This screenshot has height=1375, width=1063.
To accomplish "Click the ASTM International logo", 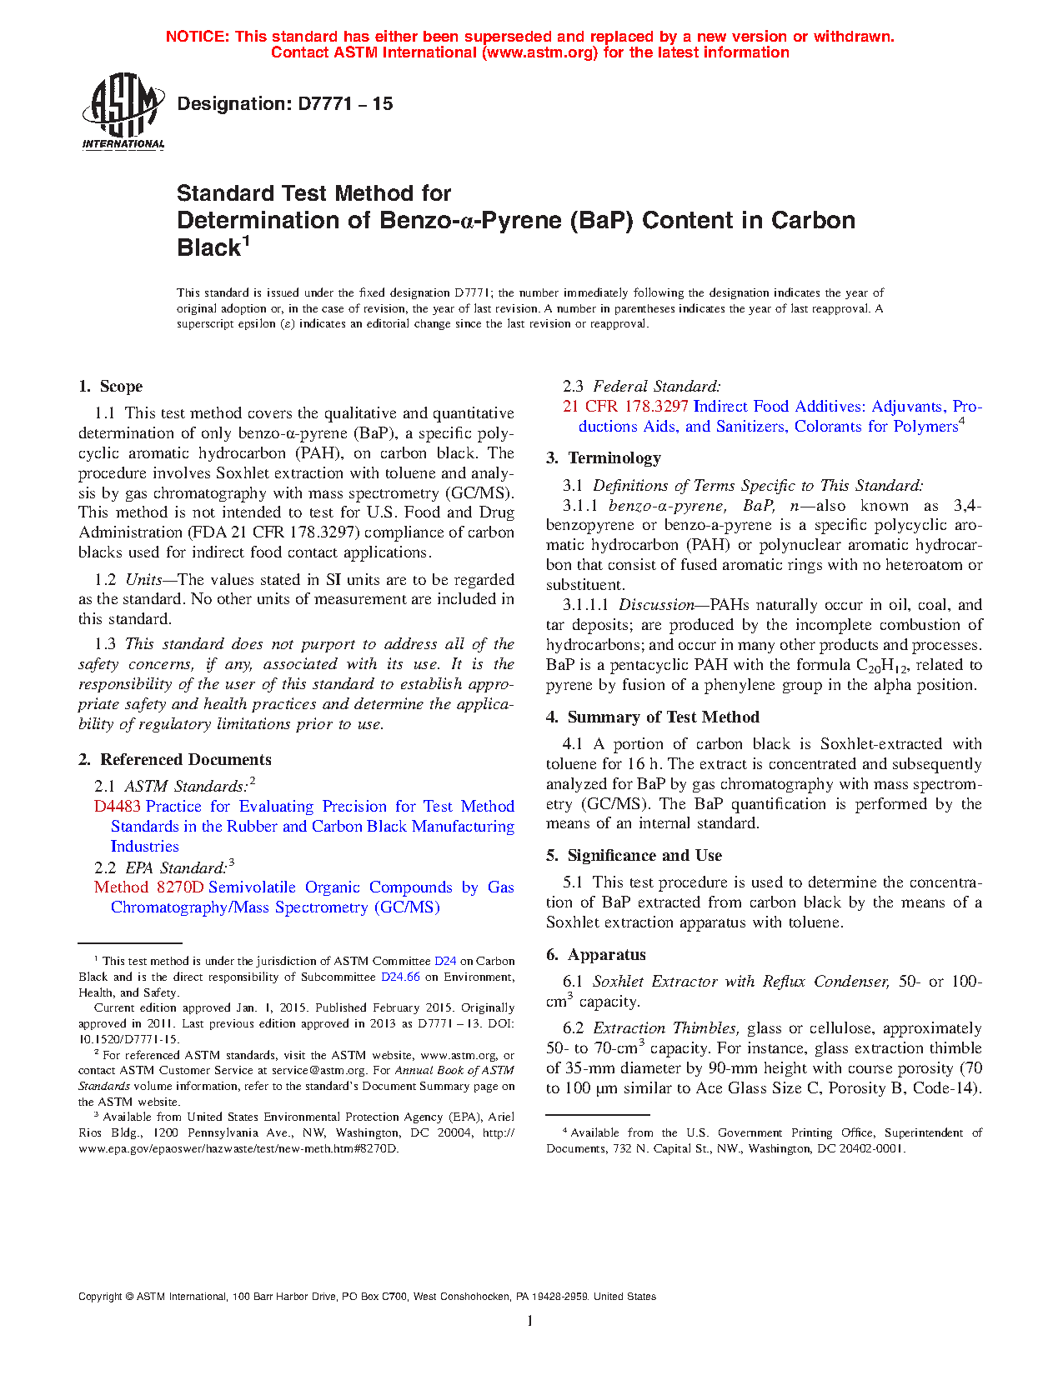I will click(x=123, y=111).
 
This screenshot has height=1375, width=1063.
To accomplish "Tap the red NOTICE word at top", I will click(x=198, y=37).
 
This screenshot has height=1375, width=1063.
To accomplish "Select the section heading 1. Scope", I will click(x=111, y=387).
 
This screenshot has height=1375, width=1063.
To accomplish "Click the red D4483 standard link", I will click(x=118, y=807).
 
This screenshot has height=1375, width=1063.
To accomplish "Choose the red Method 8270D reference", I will click(x=148, y=887).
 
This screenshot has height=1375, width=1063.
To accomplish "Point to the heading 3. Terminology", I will click(x=604, y=458).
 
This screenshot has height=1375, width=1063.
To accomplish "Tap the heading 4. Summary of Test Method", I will click(x=653, y=717).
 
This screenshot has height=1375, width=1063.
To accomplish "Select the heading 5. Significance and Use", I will click(x=634, y=856).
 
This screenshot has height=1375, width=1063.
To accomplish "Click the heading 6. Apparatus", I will click(x=596, y=955).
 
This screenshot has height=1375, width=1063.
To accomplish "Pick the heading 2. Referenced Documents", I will click(x=175, y=760).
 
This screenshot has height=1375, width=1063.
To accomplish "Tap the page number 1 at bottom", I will click(x=530, y=1320).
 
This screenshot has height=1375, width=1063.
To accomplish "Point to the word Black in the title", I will click(x=209, y=248).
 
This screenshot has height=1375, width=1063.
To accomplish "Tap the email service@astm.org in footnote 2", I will click(x=319, y=1071).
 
